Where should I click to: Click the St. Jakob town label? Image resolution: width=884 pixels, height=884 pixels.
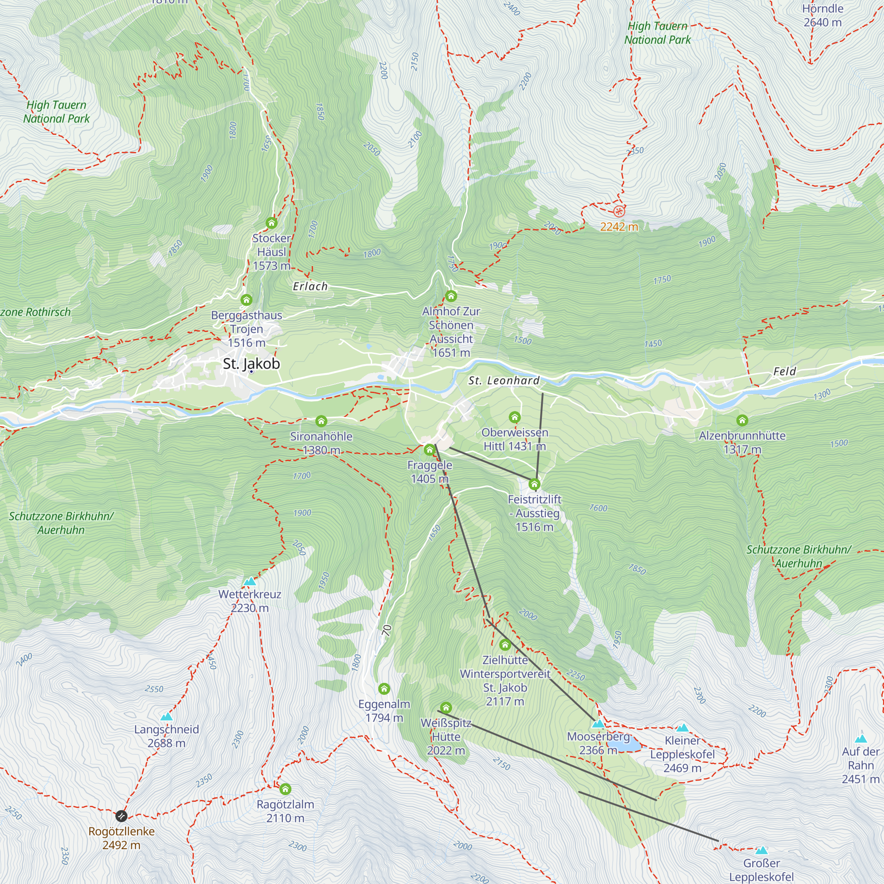[x=251, y=364]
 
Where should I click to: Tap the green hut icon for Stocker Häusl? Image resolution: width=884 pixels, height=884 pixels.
[x=271, y=223]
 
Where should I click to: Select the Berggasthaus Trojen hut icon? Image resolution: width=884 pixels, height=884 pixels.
[x=247, y=300]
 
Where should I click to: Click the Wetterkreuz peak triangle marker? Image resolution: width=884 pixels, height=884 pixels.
[x=249, y=582]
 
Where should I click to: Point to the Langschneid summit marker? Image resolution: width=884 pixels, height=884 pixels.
[x=167, y=716]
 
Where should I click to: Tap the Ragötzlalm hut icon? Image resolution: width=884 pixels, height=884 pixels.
[x=285, y=789]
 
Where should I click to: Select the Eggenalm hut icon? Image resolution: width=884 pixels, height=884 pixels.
[x=384, y=689]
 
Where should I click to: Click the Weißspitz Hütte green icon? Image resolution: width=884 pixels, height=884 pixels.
[x=446, y=708]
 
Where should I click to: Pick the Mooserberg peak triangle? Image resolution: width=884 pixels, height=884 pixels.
[x=598, y=724]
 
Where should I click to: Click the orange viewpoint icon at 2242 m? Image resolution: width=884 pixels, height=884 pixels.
[x=619, y=211]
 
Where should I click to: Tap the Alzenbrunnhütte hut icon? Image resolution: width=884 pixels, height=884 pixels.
[x=742, y=420]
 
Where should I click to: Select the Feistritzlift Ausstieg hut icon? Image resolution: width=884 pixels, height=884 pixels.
[x=534, y=484]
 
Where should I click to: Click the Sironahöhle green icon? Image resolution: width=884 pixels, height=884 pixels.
[x=321, y=421]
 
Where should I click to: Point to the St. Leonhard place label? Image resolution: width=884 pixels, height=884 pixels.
[x=504, y=381]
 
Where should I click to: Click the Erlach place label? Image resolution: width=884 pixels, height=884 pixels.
[x=310, y=286]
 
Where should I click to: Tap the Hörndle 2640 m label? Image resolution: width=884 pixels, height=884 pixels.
[x=822, y=15]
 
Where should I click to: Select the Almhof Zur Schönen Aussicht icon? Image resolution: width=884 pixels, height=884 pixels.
[x=451, y=296]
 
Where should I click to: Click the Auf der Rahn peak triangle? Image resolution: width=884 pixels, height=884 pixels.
[x=861, y=739]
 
